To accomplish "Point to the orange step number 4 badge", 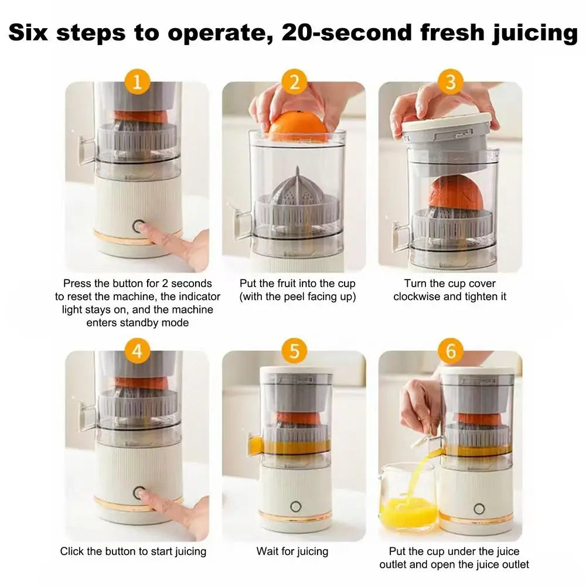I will (137, 351).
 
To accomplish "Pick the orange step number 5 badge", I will (294, 351).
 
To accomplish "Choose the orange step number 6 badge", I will (450, 351).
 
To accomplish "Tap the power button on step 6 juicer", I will (479, 509).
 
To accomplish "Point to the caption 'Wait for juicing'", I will (292, 551).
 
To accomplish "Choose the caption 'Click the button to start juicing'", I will (133, 551).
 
